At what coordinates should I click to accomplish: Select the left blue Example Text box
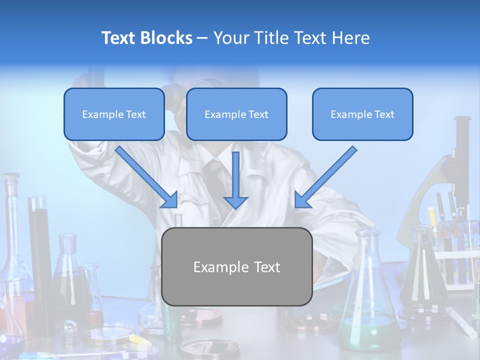pos(114,114)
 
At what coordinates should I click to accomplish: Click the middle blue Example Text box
pos(236,114)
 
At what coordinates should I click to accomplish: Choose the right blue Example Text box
pos(362,114)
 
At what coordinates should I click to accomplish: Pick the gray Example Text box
pos(237,266)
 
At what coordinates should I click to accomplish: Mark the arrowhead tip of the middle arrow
pos(236,207)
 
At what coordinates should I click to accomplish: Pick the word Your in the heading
pos(230,38)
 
